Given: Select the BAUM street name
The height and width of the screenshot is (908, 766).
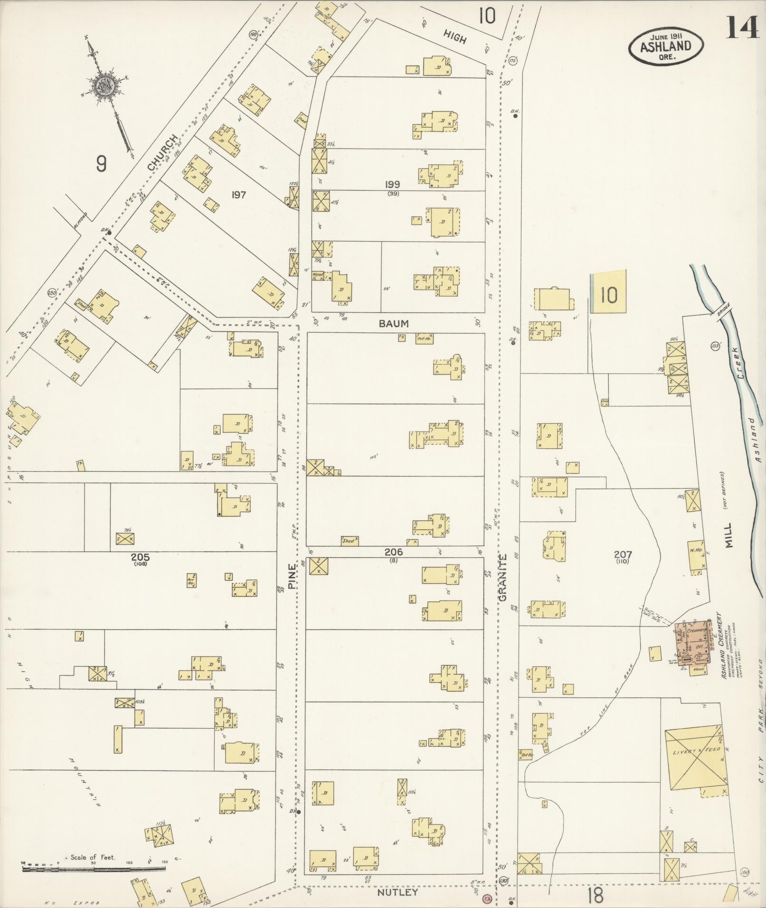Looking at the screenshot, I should [394, 324].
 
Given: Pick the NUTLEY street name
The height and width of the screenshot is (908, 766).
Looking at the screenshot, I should [397, 892].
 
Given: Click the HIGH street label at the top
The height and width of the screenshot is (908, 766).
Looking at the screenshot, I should [455, 37].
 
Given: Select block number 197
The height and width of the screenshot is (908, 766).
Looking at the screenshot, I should [238, 195].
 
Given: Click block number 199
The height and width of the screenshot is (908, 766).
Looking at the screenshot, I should [393, 185].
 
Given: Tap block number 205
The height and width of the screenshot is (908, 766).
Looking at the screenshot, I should [141, 557].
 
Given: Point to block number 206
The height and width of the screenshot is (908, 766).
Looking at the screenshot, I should [394, 552].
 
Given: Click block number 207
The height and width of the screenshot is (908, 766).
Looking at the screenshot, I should [623, 554].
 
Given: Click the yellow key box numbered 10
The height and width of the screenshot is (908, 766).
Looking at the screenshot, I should [608, 295].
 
